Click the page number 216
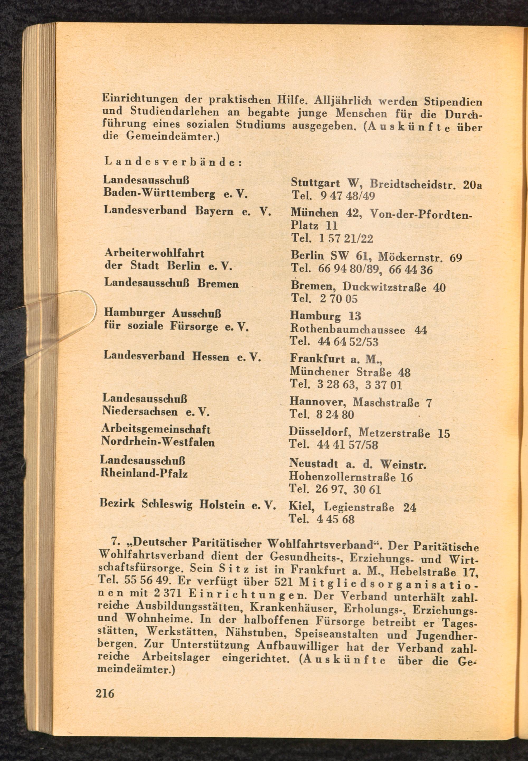[x=105, y=693]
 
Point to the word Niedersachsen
[x=140, y=411]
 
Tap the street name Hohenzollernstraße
[x=342, y=477]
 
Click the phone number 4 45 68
[x=335, y=519]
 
